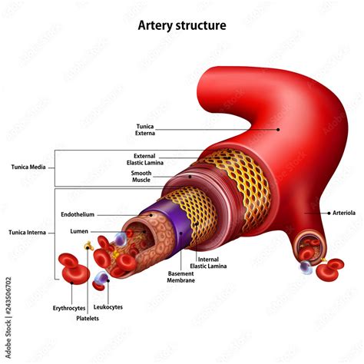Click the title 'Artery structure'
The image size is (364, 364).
click(x=182, y=25)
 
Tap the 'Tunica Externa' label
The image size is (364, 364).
click(x=145, y=129)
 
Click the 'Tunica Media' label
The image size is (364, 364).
click(x=28, y=166)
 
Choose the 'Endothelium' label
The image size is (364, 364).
click(x=78, y=214)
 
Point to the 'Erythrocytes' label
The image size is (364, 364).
click(x=70, y=307)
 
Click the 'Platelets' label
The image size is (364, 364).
click(x=88, y=318)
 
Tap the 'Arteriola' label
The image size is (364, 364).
click(x=343, y=213)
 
